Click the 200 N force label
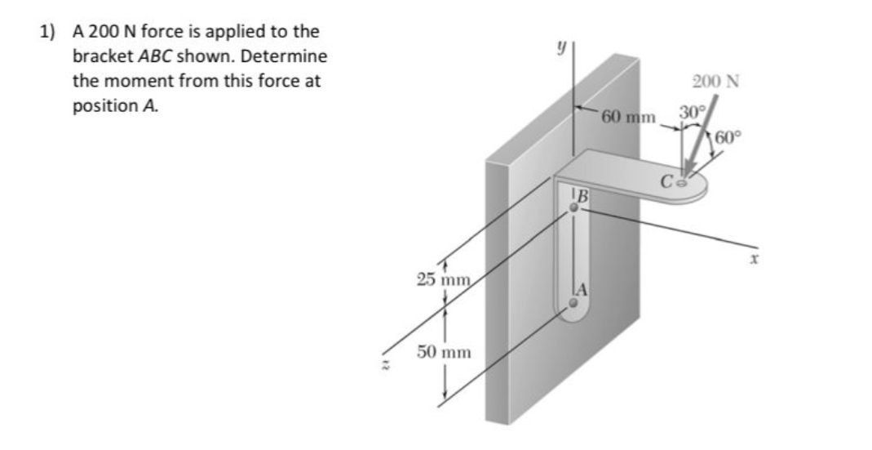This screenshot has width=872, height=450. click(x=715, y=82)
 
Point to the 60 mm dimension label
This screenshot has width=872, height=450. click(x=628, y=116)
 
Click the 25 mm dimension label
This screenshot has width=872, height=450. click(x=441, y=281)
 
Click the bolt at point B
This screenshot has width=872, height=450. click(x=574, y=208)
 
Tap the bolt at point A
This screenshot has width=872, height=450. click(x=573, y=302)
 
